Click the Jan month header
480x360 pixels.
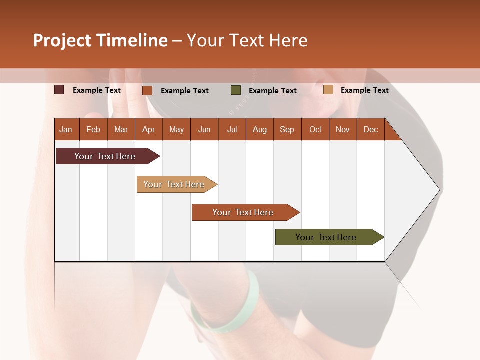click(66, 129)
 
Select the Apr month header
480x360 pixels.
click(149, 129)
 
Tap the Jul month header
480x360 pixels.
click(232, 129)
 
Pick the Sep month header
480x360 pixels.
click(287, 129)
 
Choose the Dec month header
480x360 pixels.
click(370, 129)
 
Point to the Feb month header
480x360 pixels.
click(93, 129)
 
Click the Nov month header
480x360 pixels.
click(343, 129)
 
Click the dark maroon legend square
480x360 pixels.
click(59, 90)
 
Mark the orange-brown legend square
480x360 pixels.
click(147, 90)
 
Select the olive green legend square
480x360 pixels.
click(236, 90)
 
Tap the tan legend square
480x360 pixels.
click(328, 90)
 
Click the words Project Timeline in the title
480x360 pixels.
click(100, 40)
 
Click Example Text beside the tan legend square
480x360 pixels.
click(364, 90)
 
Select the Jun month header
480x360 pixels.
click(204, 129)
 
